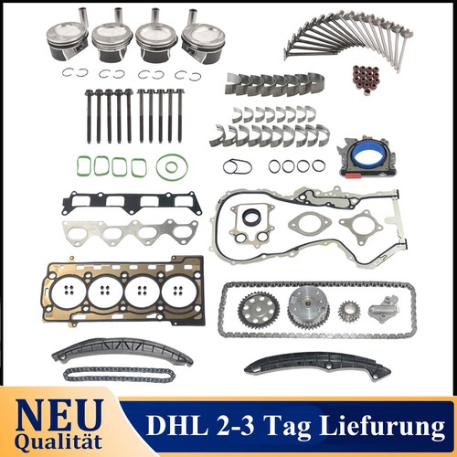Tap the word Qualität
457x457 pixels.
58,442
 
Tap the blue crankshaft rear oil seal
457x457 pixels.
367,158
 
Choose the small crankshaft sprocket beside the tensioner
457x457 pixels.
349,312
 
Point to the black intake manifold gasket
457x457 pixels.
132,202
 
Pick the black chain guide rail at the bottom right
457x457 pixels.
317,365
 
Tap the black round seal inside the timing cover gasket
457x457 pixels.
251,217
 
